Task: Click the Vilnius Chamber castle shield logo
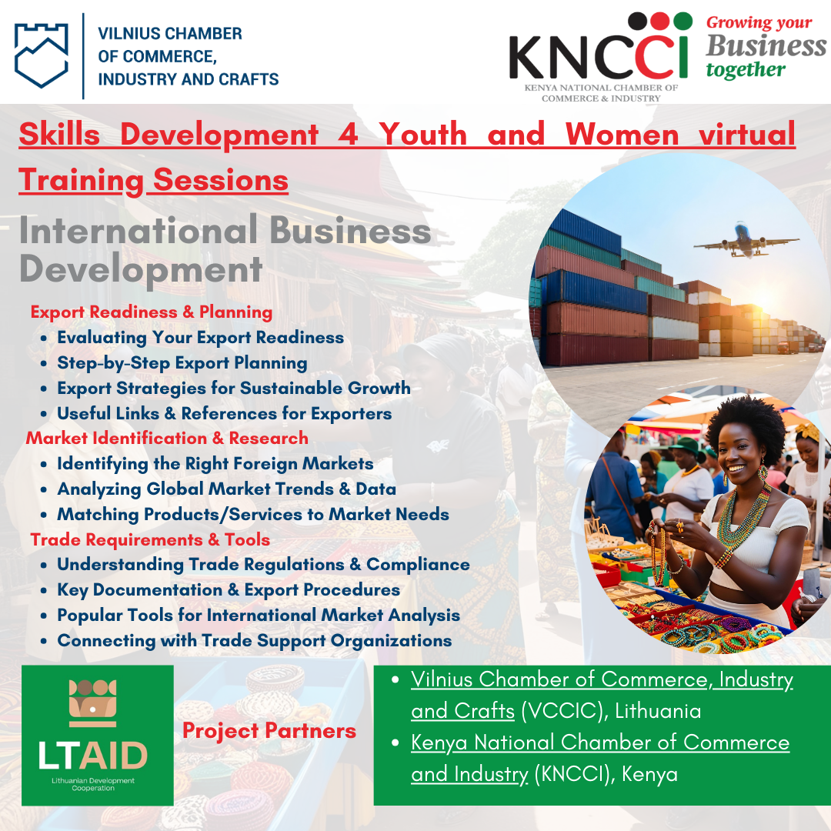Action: click(42, 55)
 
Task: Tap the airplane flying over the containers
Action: click(746, 241)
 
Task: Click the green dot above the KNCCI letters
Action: click(682, 22)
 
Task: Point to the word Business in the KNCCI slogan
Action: click(766, 45)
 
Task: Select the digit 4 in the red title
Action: click(349, 134)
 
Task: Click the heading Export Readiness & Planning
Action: click(152, 312)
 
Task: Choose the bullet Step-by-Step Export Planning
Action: click(182, 363)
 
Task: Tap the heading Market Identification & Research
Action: click(167, 439)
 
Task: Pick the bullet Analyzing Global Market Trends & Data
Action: click(227, 489)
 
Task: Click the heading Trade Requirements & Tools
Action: click(150, 539)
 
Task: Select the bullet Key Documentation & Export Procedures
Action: click(229, 590)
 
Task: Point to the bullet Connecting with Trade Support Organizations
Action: click(255, 641)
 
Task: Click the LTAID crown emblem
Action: click(93, 703)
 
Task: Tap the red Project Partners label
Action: click(269, 731)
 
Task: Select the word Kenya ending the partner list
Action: click(649, 774)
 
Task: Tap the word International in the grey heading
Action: click(138, 231)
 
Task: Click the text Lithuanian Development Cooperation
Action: click(93, 784)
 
